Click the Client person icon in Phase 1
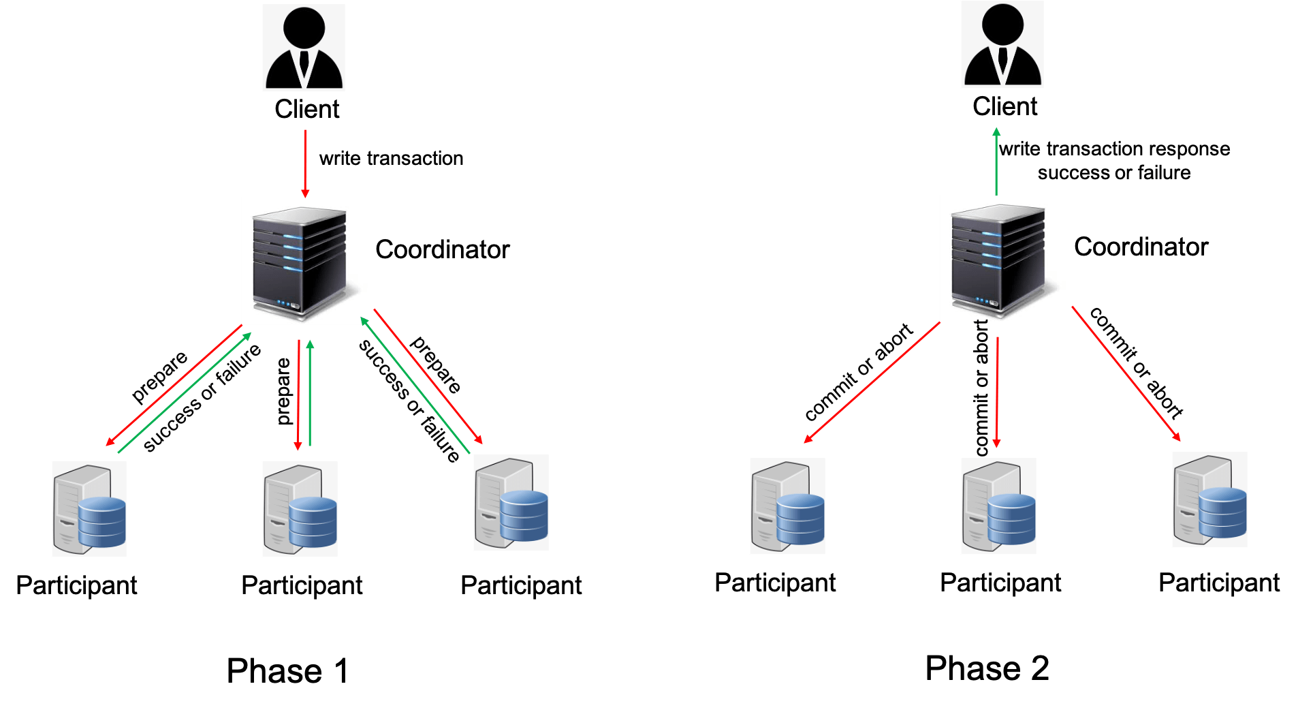click(304, 48)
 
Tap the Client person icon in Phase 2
click(1002, 45)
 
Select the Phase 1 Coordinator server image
click(304, 261)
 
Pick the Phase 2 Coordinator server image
click(1002, 258)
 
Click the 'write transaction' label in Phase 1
click(391, 158)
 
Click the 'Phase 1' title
click(287, 671)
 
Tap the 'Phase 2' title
click(987, 668)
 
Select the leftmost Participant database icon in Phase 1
click(89, 509)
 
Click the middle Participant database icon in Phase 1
click(300, 509)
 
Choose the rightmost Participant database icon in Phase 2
click(1209, 499)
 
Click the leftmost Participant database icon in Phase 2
click(787, 506)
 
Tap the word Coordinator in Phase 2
click(1141, 247)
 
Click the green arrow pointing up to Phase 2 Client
click(996, 160)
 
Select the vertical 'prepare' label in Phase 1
click(283, 391)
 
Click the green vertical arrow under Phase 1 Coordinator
click(311, 393)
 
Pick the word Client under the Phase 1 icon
click(307, 109)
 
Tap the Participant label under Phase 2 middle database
click(1000, 583)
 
